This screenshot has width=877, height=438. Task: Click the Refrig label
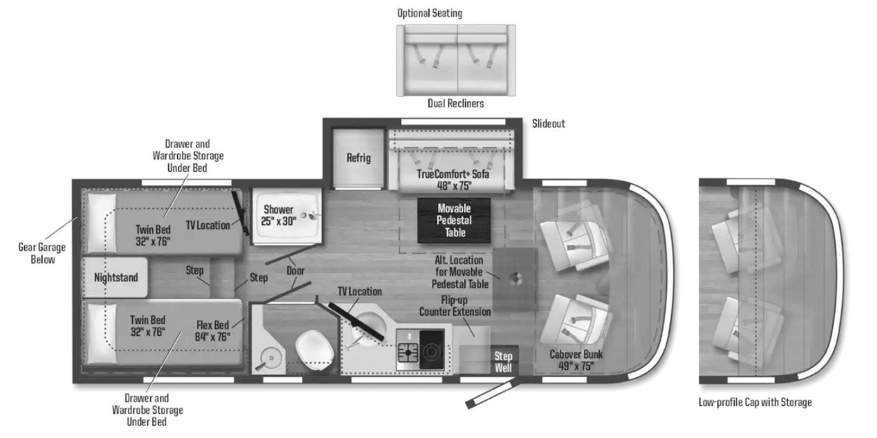(x=358, y=158)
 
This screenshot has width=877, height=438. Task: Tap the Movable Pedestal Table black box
(x=454, y=221)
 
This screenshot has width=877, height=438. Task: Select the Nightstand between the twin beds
(x=115, y=277)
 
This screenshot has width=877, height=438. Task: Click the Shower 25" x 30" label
(x=278, y=215)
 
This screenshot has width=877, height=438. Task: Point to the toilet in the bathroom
(x=315, y=350)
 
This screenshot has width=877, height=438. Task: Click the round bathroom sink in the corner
(x=271, y=357)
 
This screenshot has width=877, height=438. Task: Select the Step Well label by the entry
(x=503, y=362)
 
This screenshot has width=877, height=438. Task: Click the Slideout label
(x=548, y=124)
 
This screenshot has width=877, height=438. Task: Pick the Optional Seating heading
(x=430, y=13)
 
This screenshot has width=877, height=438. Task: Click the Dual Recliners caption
(x=455, y=103)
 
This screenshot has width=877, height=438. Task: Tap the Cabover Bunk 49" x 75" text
(x=576, y=360)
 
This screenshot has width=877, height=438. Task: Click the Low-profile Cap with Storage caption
(x=755, y=402)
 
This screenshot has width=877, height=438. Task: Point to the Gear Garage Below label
(x=42, y=253)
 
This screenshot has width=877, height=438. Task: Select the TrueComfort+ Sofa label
(x=453, y=180)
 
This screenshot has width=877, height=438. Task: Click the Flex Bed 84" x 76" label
(x=213, y=331)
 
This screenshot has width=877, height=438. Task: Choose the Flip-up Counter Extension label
(x=454, y=306)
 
